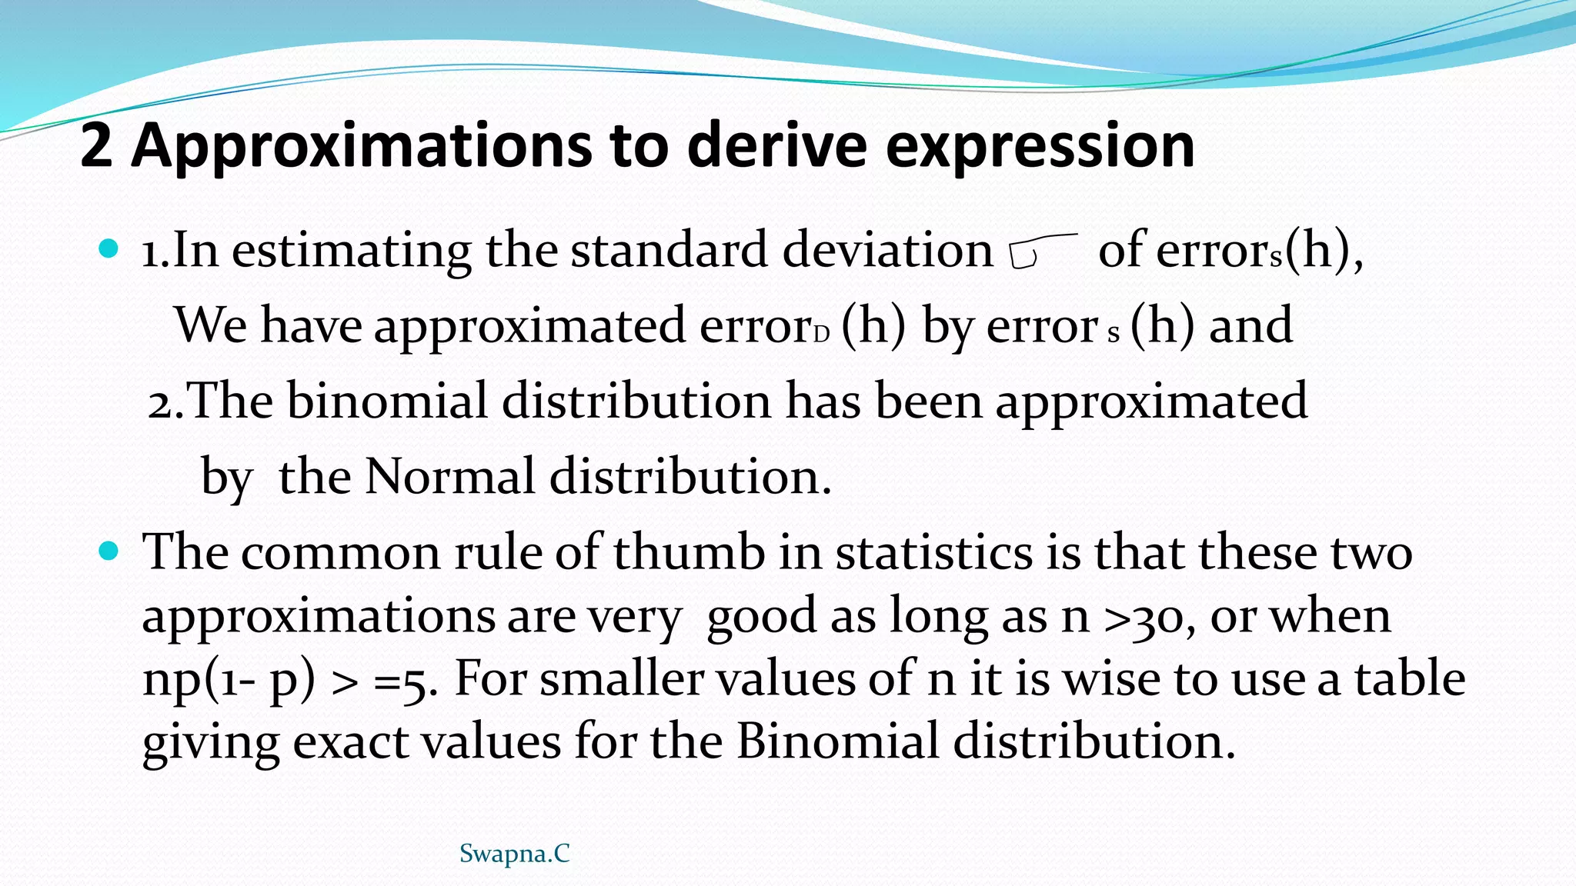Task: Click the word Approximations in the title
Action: (362, 146)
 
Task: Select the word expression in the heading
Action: (1040, 146)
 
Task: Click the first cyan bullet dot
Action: (109, 248)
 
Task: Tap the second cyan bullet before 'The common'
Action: (109, 551)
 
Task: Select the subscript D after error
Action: (822, 335)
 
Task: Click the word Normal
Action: (449, 476)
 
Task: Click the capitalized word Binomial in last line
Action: (837, 741)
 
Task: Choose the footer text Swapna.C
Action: (514, 853)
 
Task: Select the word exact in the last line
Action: (351, 741)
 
